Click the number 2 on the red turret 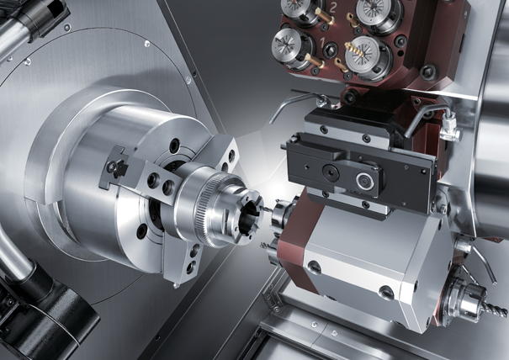(x=332, y=8)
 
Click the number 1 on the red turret (x=323, y=42)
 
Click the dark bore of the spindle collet (x=249, y=220)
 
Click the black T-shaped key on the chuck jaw (x=117, y=167)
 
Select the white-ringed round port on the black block (x=365, y=181)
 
